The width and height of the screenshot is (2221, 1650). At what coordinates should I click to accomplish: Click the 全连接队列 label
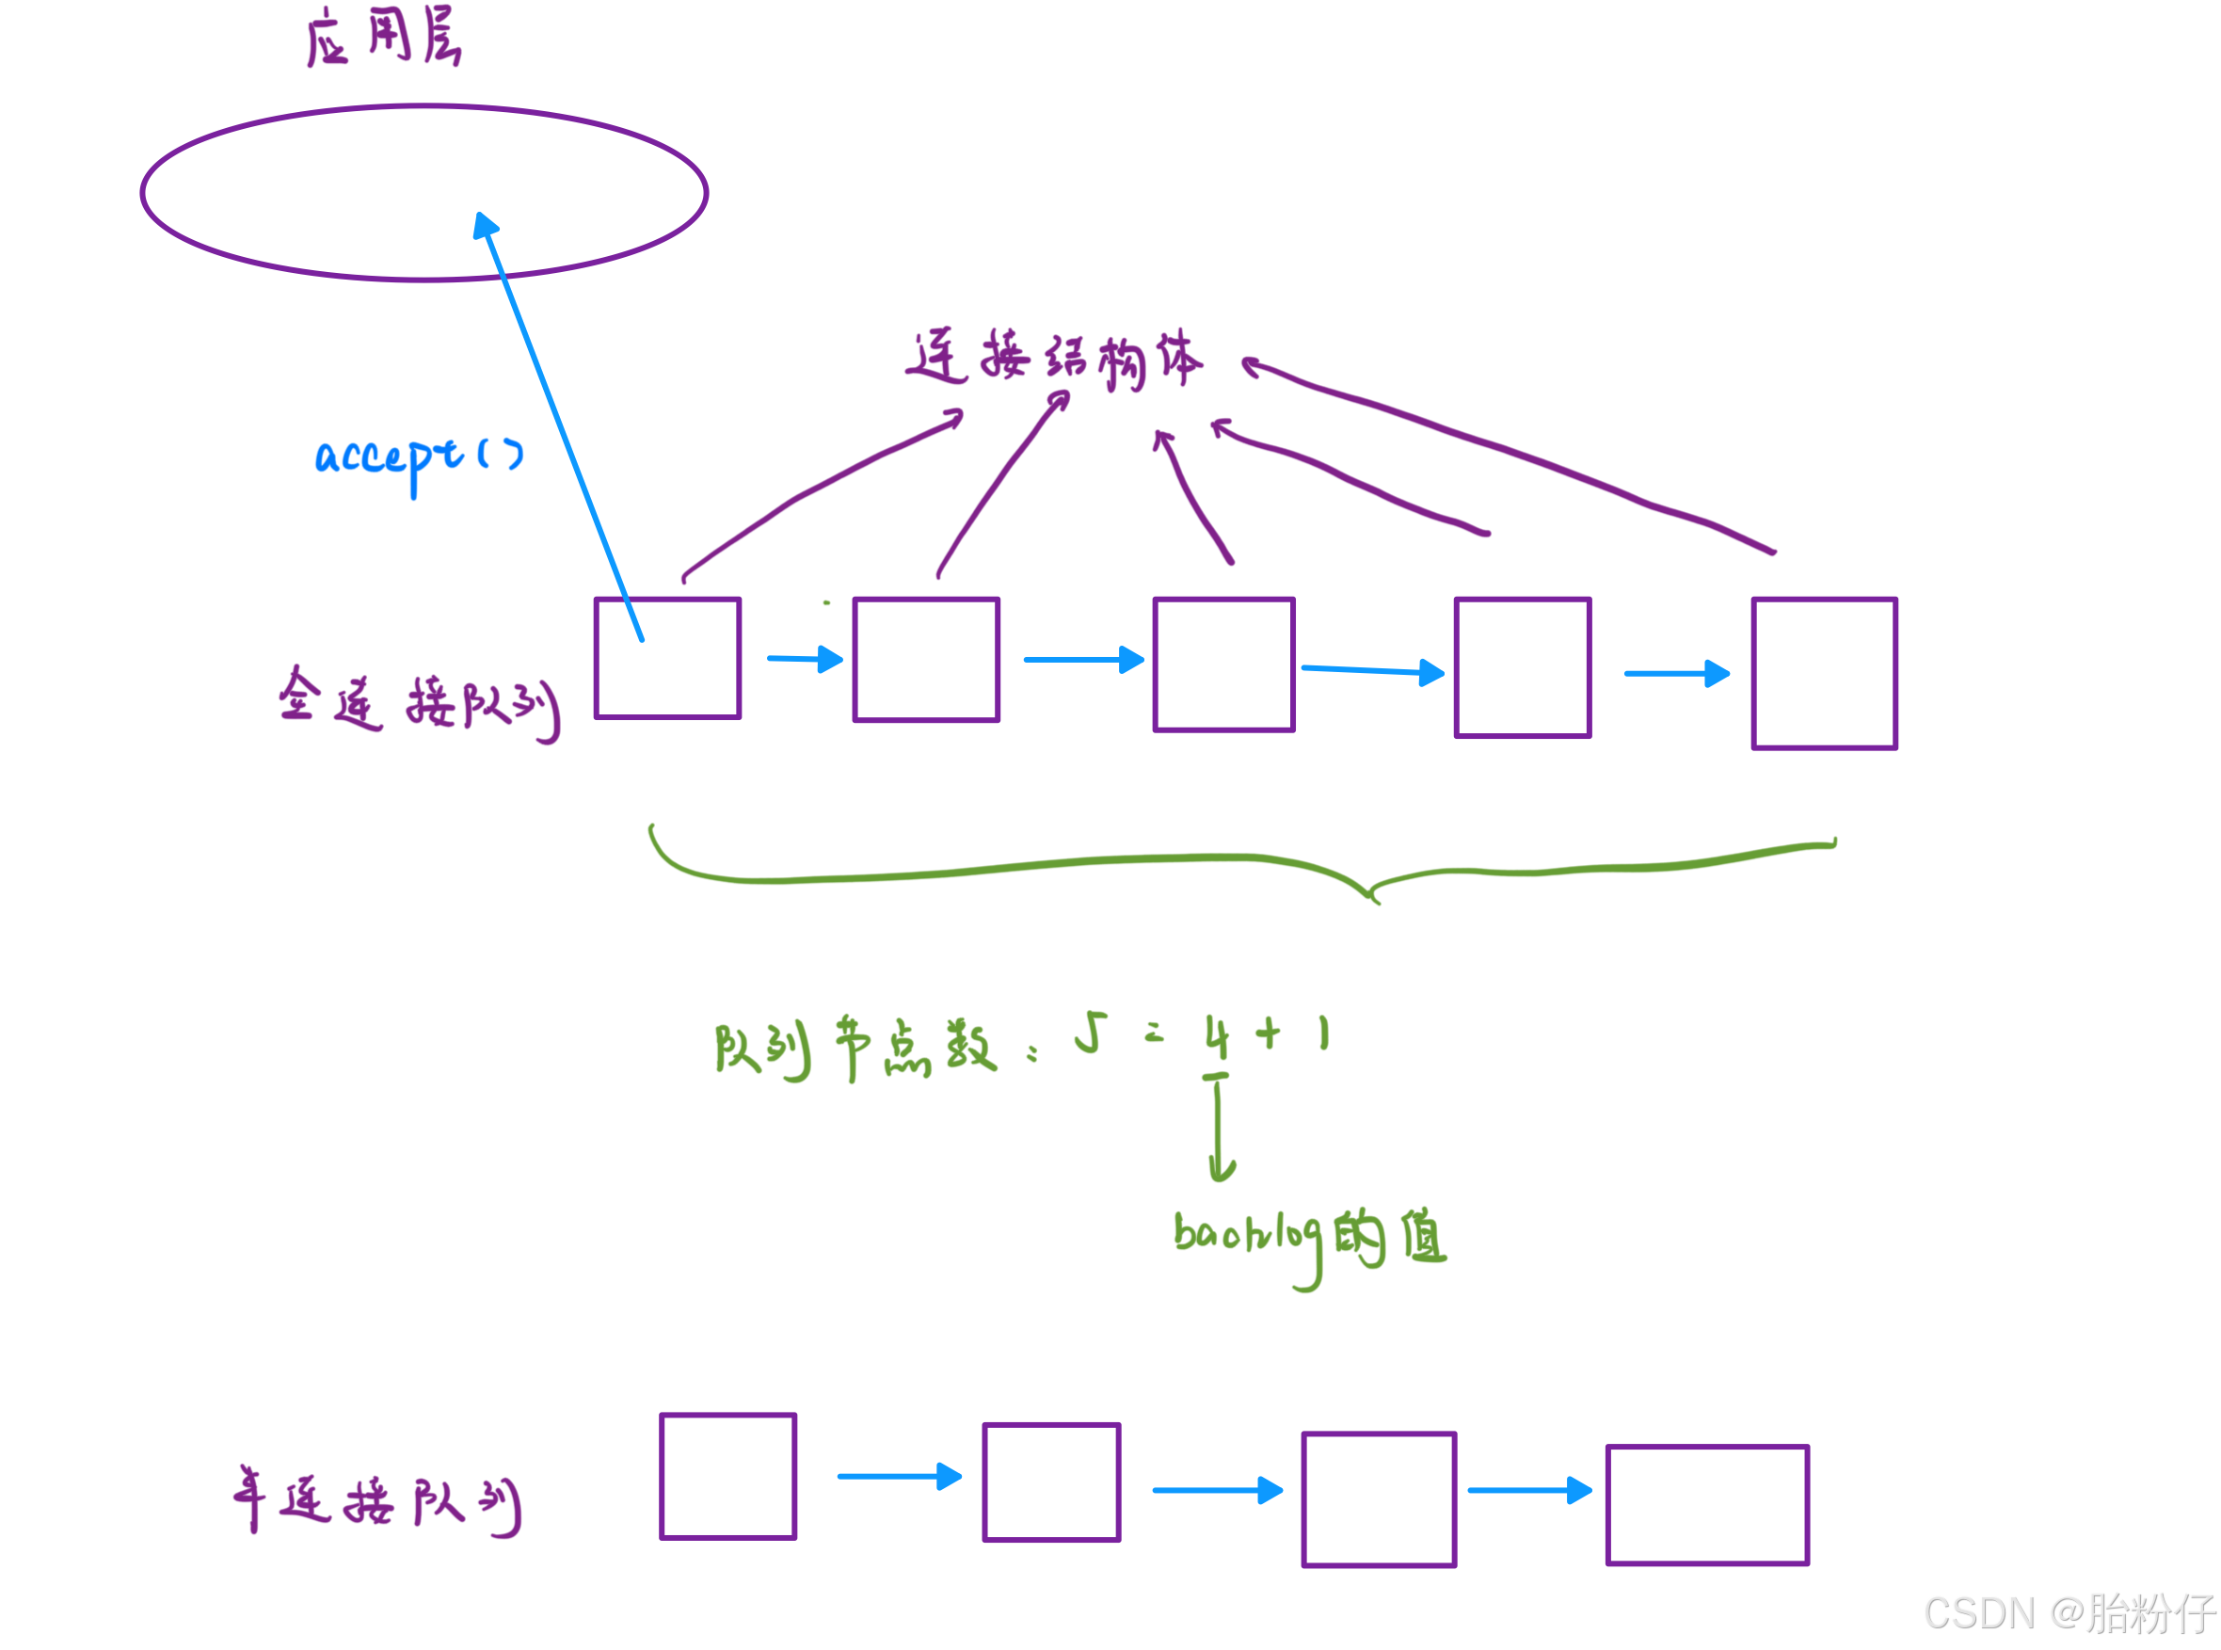418,704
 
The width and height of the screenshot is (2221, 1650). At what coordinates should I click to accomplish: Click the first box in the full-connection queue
667,658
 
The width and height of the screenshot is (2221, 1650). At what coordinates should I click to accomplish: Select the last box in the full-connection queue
1824,673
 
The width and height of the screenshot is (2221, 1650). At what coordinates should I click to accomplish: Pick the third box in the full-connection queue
1223,665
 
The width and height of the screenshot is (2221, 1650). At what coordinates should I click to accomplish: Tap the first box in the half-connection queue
728,1476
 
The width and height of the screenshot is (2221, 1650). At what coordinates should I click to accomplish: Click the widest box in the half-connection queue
1707,1505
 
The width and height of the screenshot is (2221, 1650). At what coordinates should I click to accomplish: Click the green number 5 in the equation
1092,1033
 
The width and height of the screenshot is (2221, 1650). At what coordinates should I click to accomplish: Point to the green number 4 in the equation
1216,1035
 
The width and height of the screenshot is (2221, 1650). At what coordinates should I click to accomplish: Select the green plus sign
1268,1033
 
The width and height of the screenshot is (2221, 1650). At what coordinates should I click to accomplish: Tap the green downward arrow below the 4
1220,1129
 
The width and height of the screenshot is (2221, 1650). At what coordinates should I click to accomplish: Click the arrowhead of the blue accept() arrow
486,225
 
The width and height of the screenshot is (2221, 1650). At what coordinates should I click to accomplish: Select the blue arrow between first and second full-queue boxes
805,659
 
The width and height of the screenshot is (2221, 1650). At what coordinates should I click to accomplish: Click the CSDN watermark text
2068,1611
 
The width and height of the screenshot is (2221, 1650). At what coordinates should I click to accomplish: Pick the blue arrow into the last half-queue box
1529,1490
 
